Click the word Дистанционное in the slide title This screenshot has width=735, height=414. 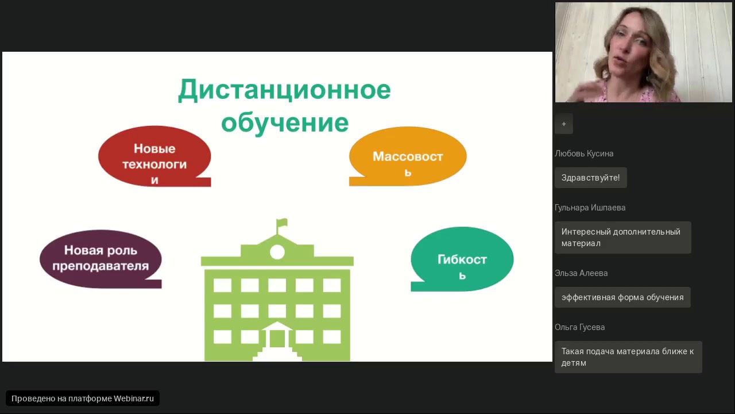[284, 90]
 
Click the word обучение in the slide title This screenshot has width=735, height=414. [284, 122]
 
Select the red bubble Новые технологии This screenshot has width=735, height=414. [154, 156]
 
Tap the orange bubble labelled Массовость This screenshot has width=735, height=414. [408, 156]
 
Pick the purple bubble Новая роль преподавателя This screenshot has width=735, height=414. [100, 259]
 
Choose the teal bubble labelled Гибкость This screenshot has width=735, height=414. [462, 259]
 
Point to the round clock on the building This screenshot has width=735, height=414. [277, 252]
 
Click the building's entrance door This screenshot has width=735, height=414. [277, 338]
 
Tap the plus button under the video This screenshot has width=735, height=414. [564, 124]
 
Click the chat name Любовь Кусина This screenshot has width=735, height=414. [584, 154]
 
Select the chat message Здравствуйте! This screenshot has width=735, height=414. [590, 178]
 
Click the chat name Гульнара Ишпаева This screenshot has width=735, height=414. [590, 208]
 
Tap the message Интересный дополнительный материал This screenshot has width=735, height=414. [622, 237]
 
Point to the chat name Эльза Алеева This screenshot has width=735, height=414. [581, 273]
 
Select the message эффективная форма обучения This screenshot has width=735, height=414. [622, 297]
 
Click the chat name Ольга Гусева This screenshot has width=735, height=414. [579, 327]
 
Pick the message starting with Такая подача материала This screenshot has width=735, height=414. [628, 357]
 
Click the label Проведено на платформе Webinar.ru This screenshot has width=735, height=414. [83, 398]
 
